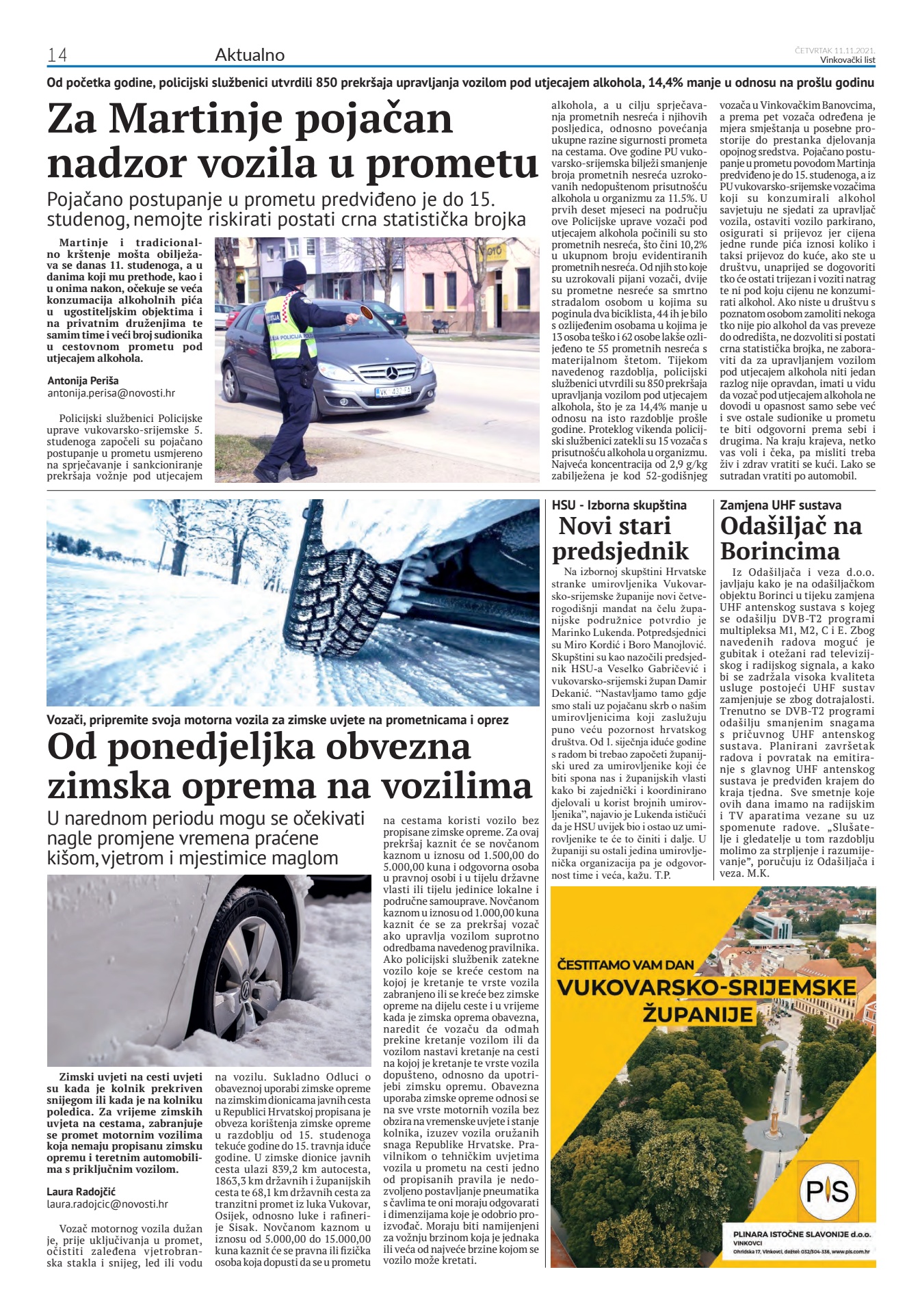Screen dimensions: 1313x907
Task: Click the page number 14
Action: click(57, 55)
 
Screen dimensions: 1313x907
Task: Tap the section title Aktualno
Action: click(250, 55)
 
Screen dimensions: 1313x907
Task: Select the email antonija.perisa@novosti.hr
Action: click(111, 393)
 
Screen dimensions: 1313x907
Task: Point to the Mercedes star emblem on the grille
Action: click(392, 373)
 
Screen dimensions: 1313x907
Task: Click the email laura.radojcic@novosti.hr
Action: click(107, 1204)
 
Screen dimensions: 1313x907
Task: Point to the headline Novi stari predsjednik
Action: click(620, 538)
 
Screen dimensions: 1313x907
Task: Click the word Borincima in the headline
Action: click(779, 551)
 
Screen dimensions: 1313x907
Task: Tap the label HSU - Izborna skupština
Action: click(619, 505)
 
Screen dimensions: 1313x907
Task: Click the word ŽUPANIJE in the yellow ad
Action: click(698, 1013)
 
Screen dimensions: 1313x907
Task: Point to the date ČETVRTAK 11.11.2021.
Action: click(834, 50)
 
